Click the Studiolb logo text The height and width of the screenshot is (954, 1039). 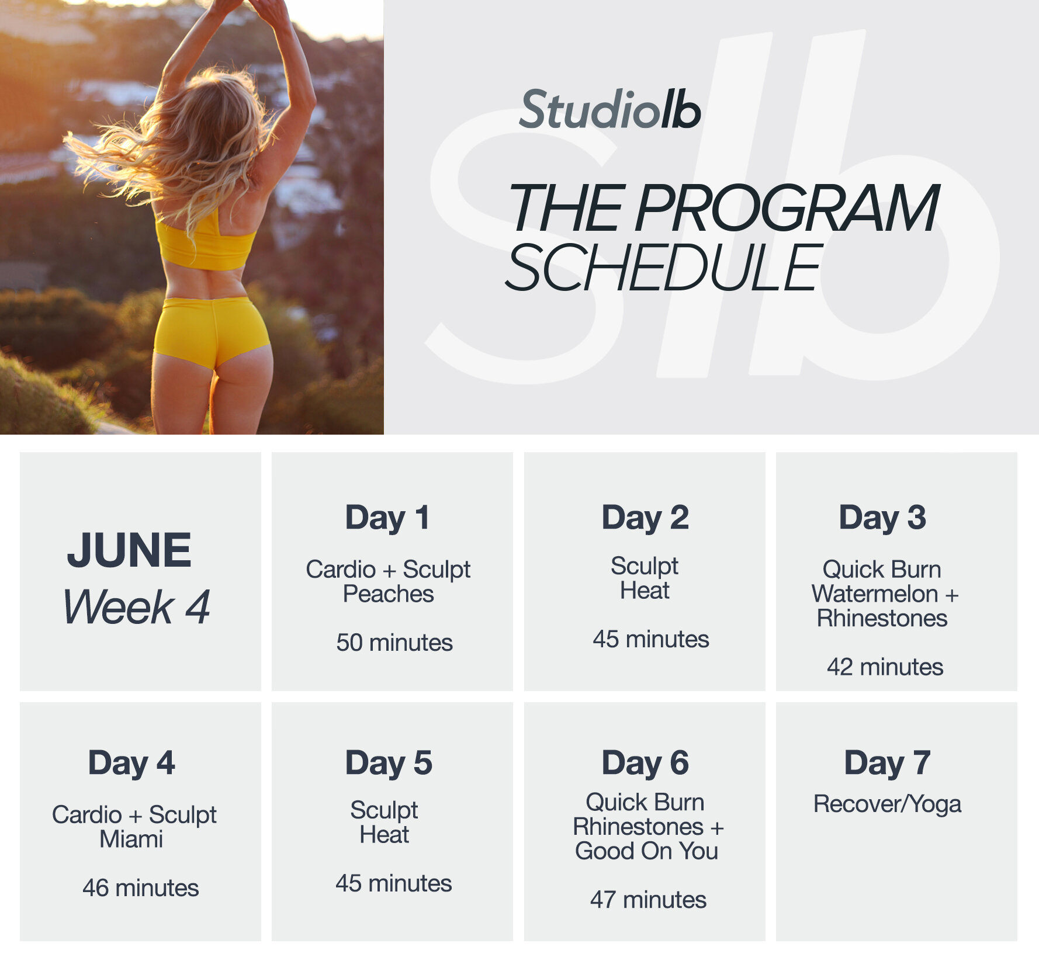coord(610,110)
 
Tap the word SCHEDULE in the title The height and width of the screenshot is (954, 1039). coord(664,268)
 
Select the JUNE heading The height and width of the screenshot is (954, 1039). coord(129,550)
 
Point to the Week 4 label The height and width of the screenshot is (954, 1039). coord(136,607)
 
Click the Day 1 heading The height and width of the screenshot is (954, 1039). coord(387,518)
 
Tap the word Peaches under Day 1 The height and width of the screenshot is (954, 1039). coord(388,594)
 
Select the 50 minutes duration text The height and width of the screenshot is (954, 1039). coord(394,643)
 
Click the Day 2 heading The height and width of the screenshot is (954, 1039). coord(645,518)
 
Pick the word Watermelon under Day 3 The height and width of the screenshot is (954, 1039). coord(874,594)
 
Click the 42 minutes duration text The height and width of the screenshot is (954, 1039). coord(885,667)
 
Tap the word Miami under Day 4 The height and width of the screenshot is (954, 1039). coord(131,839)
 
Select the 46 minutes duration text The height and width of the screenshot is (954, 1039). coord(140,888)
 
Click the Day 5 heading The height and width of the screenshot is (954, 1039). coord(388,763)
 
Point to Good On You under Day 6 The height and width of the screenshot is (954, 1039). coord(646,851)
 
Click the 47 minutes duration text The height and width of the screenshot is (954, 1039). coord(648,900)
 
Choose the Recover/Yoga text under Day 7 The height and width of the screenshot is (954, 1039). coord(887,804)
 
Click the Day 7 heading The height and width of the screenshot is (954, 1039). coord(887,763)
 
